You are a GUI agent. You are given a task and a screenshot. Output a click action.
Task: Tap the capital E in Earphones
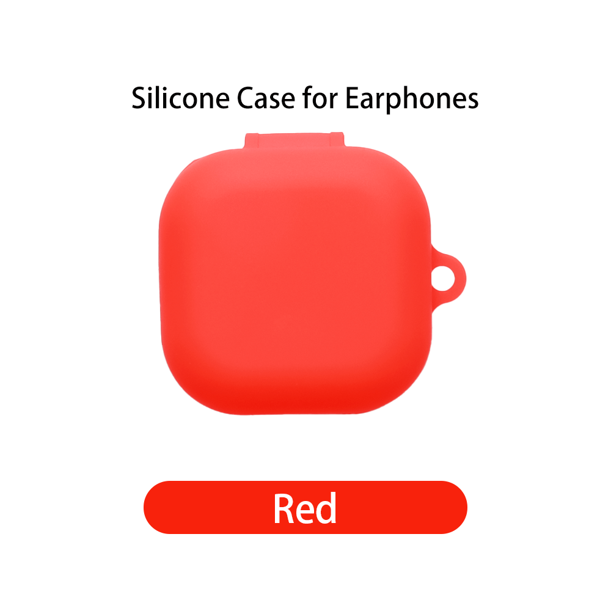[x=353, y=99]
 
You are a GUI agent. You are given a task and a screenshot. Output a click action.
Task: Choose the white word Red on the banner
[x=305, y=508]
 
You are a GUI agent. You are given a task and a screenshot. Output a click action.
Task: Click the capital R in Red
[x=285, y=508]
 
